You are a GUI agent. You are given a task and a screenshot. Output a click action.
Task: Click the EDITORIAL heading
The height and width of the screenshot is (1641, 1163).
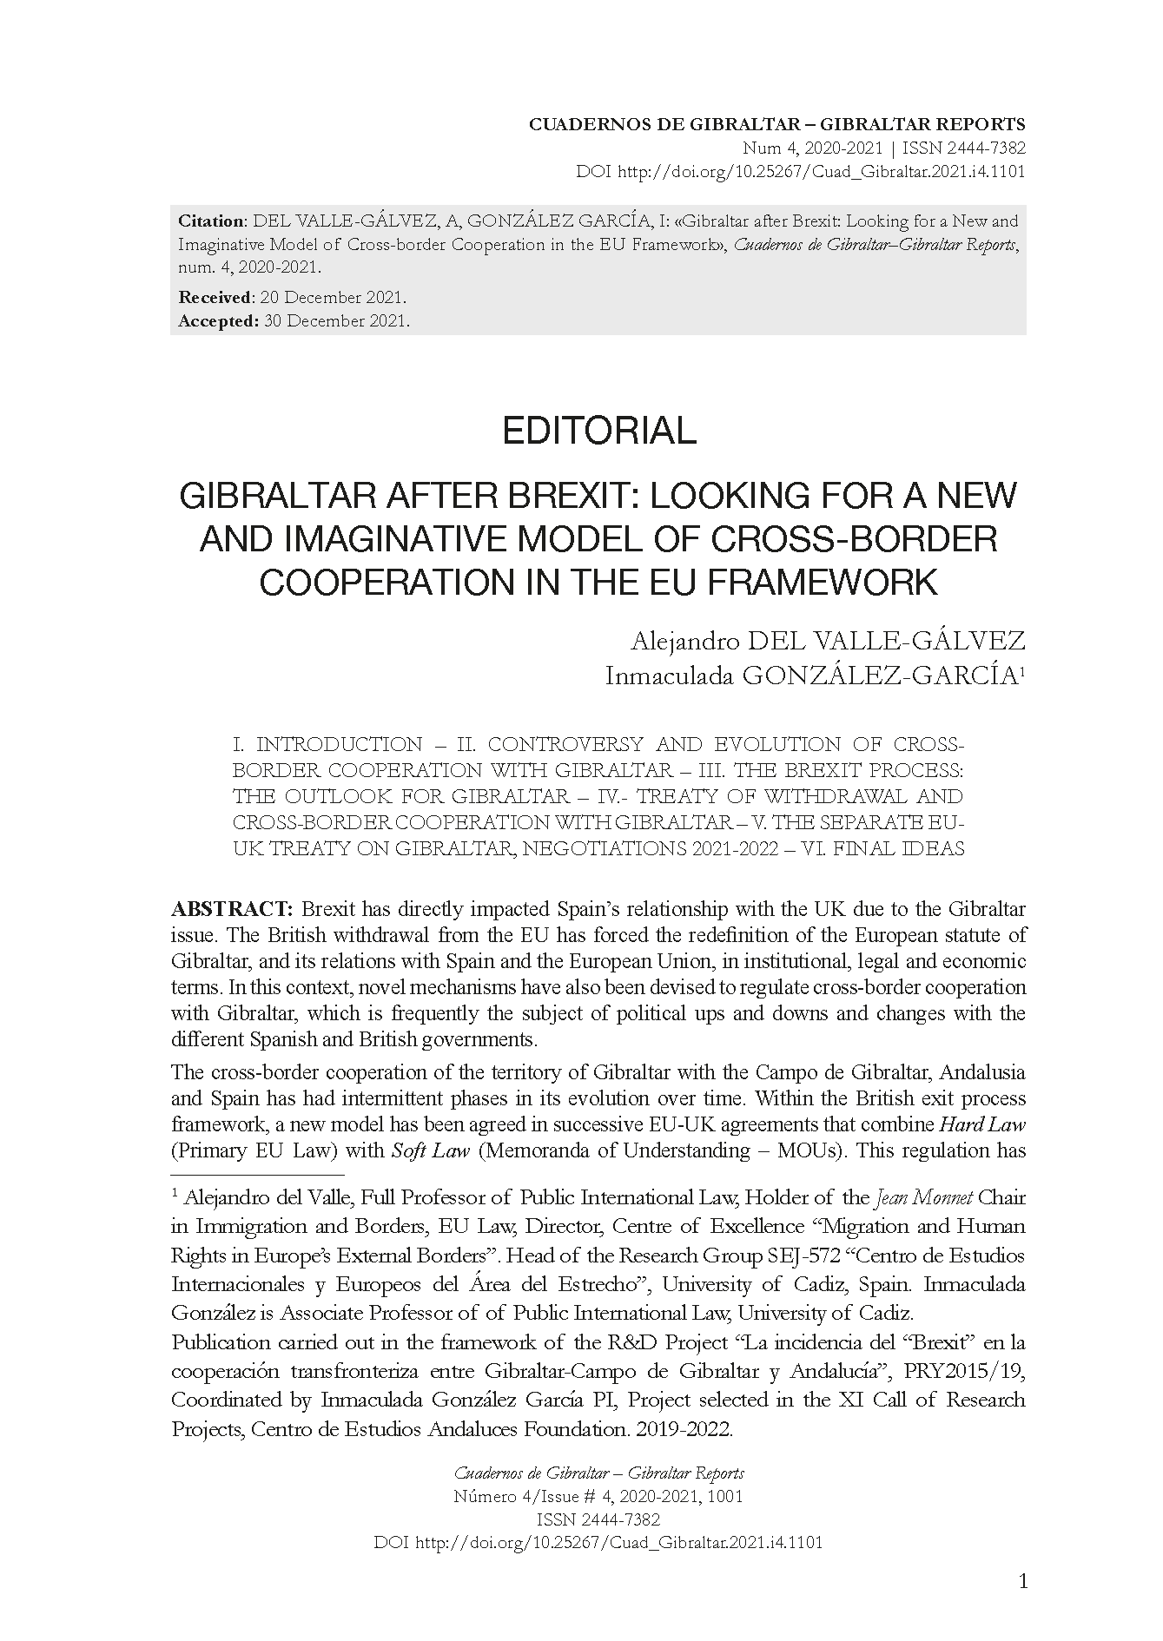pyautogui.click(x=599, y=431)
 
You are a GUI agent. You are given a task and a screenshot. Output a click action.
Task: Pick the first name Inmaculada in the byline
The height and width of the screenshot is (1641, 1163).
pyautogui.click(x=668, y=676)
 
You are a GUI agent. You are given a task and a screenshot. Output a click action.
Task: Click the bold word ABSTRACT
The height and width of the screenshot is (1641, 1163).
pyautogui.click(x=231, y=909)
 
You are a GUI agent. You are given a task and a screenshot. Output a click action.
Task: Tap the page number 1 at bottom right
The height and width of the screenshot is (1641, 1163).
pyautogui.click(x=1022, y=1581)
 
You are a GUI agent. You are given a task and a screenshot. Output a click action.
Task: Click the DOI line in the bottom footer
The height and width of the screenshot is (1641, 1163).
pyautogui.click(x=598, y=1542)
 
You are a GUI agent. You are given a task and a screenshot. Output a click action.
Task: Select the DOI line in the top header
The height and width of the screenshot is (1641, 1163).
pyautogui.click(x=800, y=171)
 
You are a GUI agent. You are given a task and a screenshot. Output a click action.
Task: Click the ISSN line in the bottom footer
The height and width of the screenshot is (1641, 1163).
pyautogui.click(x=598, y=1519)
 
